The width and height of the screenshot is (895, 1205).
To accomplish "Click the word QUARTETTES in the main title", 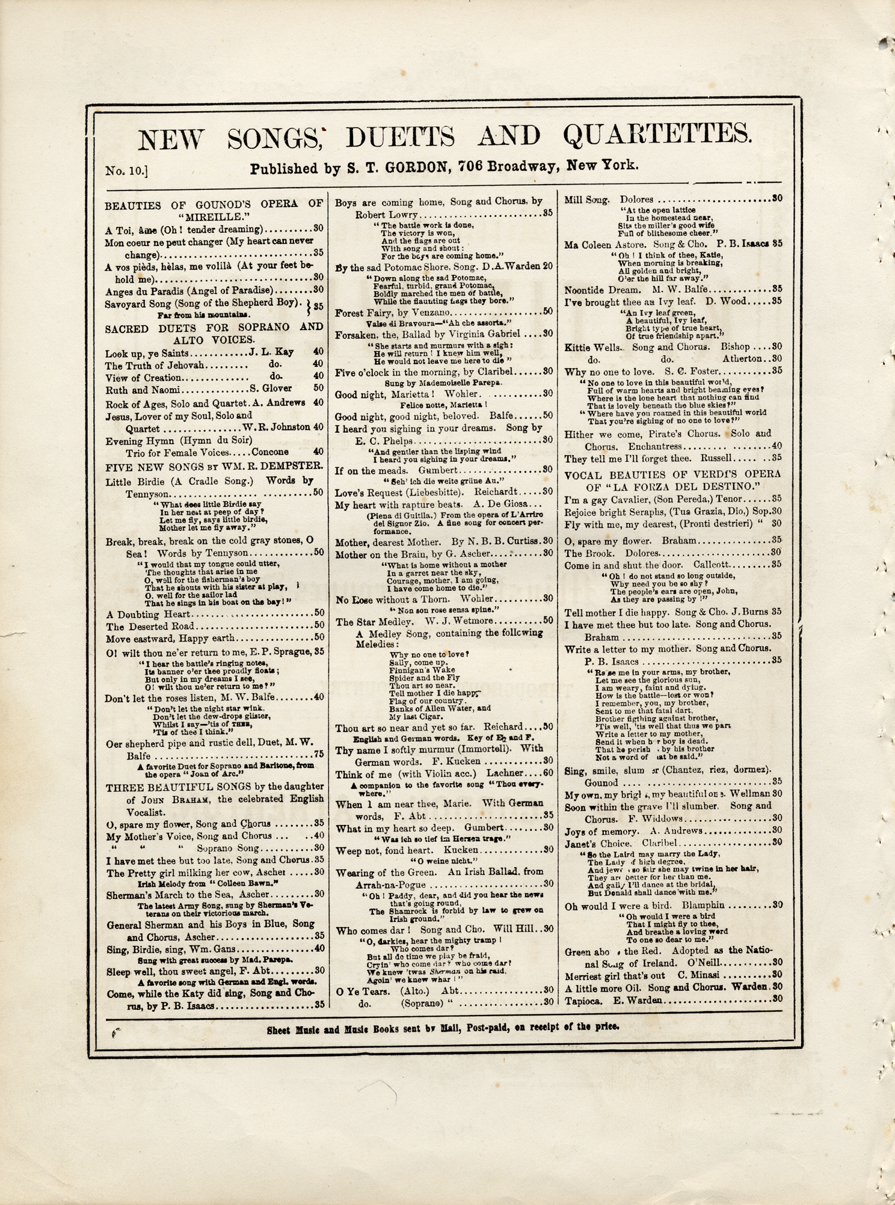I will pyautogui.click(x=657, y=136).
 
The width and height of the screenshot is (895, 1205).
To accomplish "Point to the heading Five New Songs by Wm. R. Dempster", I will pyautogui.click(x=214, y=466).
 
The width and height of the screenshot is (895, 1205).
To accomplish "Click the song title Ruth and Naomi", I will pyautogui.click(x=143, y=390).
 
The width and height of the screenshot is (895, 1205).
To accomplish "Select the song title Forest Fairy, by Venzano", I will pyautogui.click(x=392, y=313).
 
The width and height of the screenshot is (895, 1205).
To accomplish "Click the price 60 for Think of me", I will pyautogui.click(x=547, y=774).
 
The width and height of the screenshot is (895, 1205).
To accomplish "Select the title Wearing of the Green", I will pyautogui.click(x=386, y=872).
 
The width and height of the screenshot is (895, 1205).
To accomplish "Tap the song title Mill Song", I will pyautogui.click(x=587, y=199).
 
